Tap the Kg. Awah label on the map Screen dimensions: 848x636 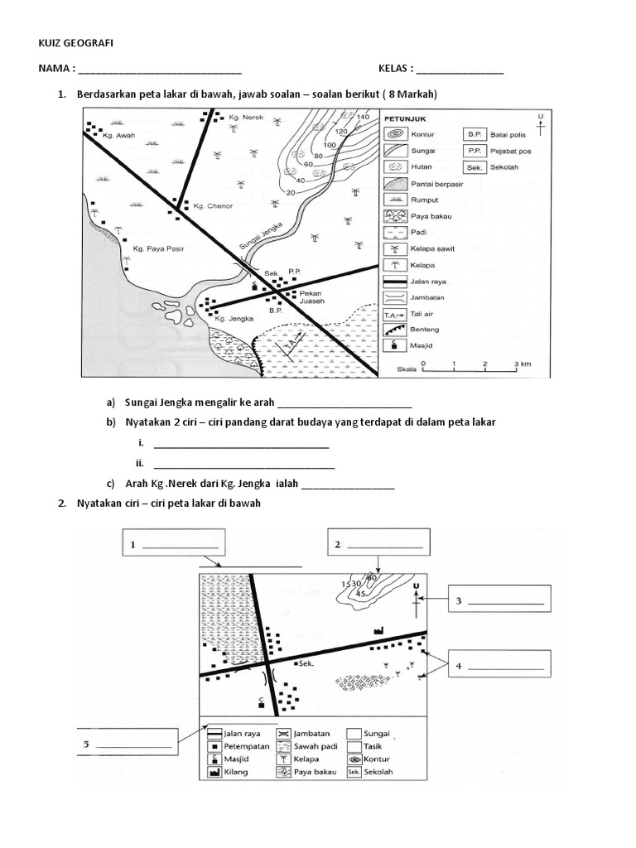click(x=118, y=135)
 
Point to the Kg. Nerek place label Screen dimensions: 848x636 click(x=246, y=119)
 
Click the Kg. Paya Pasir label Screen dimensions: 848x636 click(x=157, y=248)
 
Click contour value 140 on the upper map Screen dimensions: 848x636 click(x=362, y=117)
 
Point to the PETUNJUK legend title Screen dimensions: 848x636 click(x=405, y=118)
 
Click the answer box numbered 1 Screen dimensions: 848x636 click(x=175, y=545)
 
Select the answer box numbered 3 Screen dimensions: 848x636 click(x=499, y=602)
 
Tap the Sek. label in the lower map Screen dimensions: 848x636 click(x=307, y=663)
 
